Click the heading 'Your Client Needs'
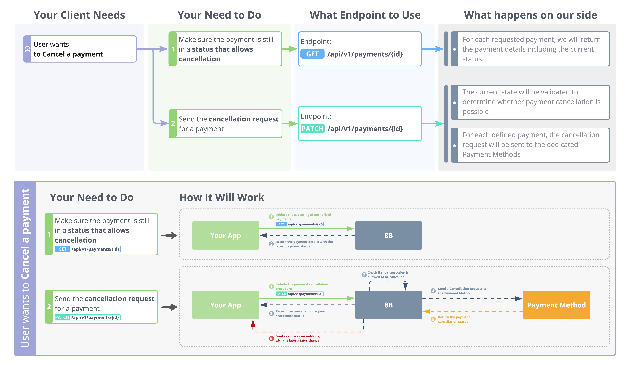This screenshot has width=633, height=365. tap(79, 15)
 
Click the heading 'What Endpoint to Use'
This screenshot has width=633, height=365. tap(365, 15)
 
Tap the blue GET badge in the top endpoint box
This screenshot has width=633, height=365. tap(312, 54)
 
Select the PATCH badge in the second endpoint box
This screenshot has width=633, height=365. tap(312, 129)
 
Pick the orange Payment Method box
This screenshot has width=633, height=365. tap(556, 305)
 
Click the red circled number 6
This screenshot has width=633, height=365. tap(271, 338)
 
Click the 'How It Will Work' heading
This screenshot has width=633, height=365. tap(222, 197)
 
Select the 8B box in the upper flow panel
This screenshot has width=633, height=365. tap(388, 235)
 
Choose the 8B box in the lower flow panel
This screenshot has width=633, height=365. tap(388, 305)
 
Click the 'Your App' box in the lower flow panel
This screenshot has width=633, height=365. tap(225, 305)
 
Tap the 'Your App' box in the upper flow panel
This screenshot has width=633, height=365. tap(225, 235)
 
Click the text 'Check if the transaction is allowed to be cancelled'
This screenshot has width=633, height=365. tap(388, 275)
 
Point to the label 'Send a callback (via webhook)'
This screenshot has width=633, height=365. tap(298, 336)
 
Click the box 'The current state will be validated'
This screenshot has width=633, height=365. tap(530, 102)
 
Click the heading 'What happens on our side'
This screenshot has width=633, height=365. tap(530, 15)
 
